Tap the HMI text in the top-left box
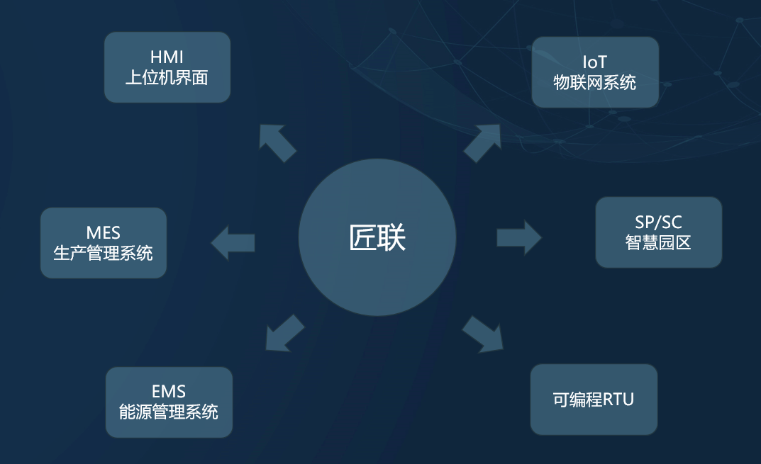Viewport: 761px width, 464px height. [167, 57]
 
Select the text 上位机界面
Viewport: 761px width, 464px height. [167, 77]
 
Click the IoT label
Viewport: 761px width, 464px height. [595, 62]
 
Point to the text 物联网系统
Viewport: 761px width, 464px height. [595, 83]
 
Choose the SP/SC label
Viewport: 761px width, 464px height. [658, 222]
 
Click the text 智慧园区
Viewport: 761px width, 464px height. [658, 242]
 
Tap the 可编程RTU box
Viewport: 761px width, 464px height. [594, 400]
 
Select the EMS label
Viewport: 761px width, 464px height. [169, 391]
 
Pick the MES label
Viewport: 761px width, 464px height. [104, 232]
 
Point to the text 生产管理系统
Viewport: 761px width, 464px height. [104, 252]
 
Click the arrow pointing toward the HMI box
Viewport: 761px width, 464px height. [277, 142]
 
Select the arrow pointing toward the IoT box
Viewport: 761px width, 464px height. [483, 142]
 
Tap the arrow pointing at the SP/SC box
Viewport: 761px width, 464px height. [518, 237]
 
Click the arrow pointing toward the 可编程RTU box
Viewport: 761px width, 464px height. [484, 334]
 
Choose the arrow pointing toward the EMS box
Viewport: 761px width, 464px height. [284, 332]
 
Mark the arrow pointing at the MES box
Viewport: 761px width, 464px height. [233, 243]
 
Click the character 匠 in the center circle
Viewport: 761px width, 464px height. [362, 238]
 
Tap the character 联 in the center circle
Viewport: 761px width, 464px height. [392, 238]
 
